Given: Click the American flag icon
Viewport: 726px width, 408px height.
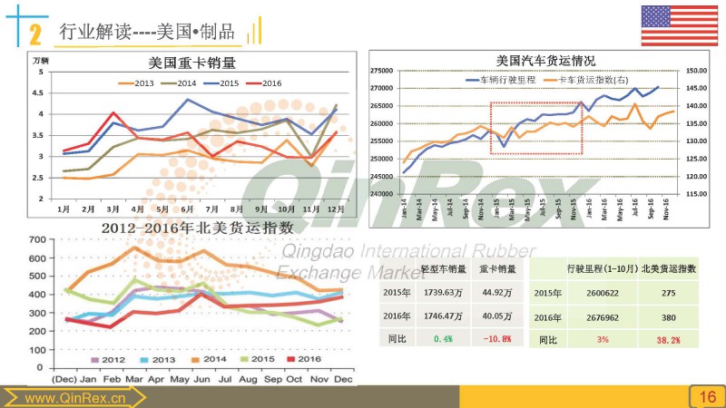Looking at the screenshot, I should coord(679,25).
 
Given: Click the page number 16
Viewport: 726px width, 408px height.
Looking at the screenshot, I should coord(707,396).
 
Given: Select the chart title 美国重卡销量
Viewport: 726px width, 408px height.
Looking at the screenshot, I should coord(191,63).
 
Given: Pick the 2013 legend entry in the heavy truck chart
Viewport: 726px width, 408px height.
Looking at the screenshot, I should coord(139,83).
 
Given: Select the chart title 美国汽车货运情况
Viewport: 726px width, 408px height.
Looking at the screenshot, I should coord(545,60).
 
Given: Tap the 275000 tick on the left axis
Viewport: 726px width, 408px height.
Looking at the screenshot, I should coord(380,71).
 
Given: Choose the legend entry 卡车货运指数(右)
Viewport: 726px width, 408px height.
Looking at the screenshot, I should coord(587,81).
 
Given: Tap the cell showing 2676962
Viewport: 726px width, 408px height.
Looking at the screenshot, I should coord(592,317).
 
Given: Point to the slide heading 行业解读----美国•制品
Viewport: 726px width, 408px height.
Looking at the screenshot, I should coord(145,33).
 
